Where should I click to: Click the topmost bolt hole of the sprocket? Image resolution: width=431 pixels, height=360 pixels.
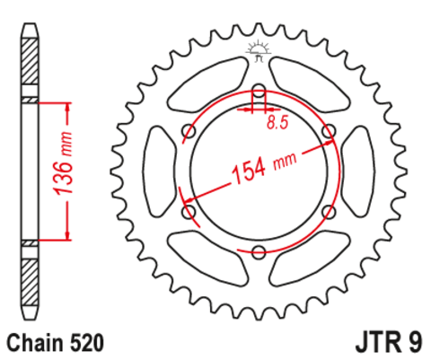click(x=259, y=92)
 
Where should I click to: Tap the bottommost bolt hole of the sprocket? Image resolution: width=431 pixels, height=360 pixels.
click(x=259, y=250)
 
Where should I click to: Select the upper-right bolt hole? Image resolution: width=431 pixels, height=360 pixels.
click(x=328, y=131)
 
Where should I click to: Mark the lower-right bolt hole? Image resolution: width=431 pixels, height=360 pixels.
click(x=328, y=211)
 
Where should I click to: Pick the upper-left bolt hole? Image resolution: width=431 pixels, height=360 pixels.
click(x=189, y=131)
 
